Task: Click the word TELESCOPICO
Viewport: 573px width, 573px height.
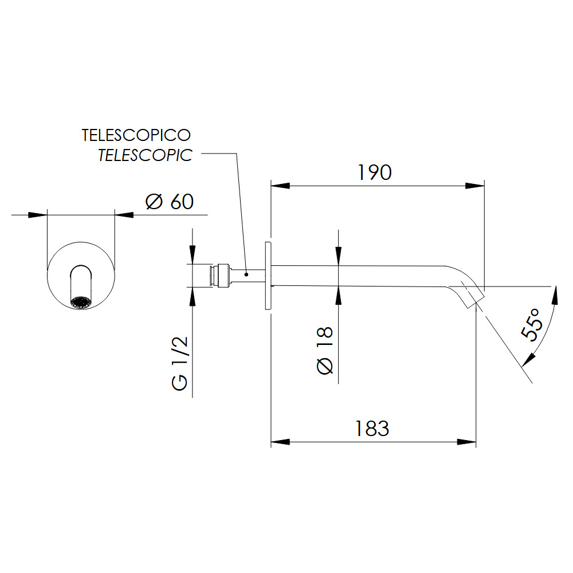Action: pos(136,135)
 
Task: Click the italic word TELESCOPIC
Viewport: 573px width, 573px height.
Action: pos(145,155)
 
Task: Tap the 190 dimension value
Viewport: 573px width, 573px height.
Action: pos(375,172)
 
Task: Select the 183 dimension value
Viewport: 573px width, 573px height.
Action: pos(372,429)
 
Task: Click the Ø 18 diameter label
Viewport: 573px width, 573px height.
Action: pos(325,351)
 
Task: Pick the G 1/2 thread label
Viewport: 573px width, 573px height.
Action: pos(180,364)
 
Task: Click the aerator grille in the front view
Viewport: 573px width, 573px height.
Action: pos(81,303)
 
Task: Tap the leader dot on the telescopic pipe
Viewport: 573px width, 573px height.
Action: pos(246,274)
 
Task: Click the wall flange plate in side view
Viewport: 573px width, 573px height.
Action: pos(268,276)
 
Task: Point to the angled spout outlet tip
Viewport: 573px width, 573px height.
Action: pos(476,300)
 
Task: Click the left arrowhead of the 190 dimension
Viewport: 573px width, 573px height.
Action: pos(280,186)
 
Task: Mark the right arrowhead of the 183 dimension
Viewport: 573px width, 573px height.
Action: pos(466,442)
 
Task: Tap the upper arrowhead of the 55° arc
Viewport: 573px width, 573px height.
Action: pos(555,295)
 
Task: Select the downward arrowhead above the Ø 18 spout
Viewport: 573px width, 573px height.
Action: pos(339,257)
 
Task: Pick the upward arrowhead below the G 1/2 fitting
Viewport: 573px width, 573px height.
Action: pos(193,297)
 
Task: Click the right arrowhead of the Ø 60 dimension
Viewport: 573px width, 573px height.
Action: pos(124,215)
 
